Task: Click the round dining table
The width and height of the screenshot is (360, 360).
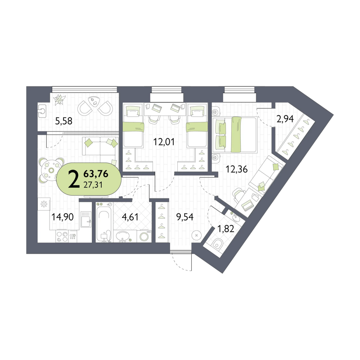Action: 48,170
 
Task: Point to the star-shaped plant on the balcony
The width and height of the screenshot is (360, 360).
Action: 58,99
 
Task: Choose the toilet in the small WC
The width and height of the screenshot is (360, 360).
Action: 217,245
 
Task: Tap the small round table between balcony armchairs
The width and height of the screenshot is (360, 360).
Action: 96,103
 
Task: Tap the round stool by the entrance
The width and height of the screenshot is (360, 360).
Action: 196,234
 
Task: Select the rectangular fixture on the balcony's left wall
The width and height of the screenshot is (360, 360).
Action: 42,110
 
